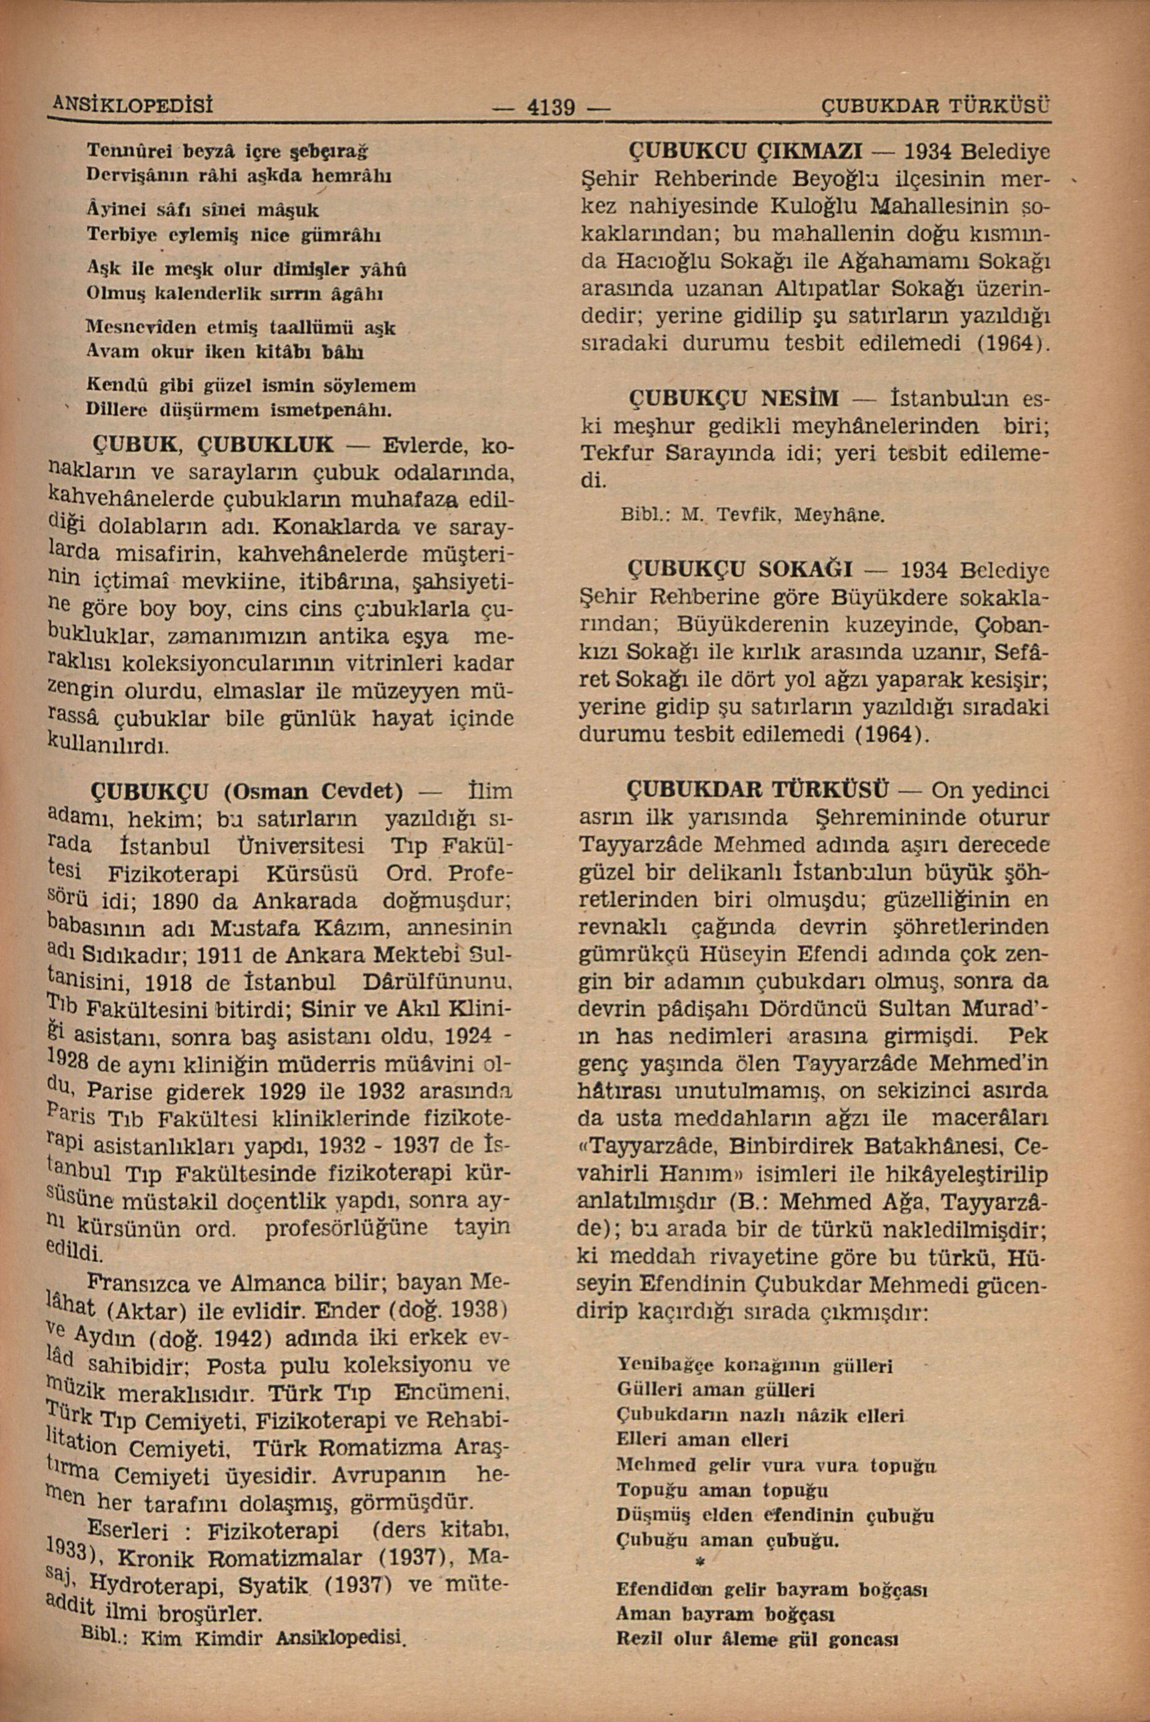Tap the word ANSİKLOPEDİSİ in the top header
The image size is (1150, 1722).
tap(156, 105)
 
